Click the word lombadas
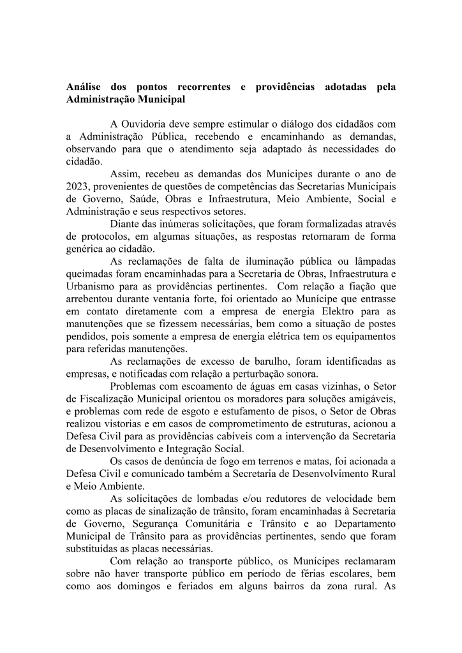click(x=197, y=498)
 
